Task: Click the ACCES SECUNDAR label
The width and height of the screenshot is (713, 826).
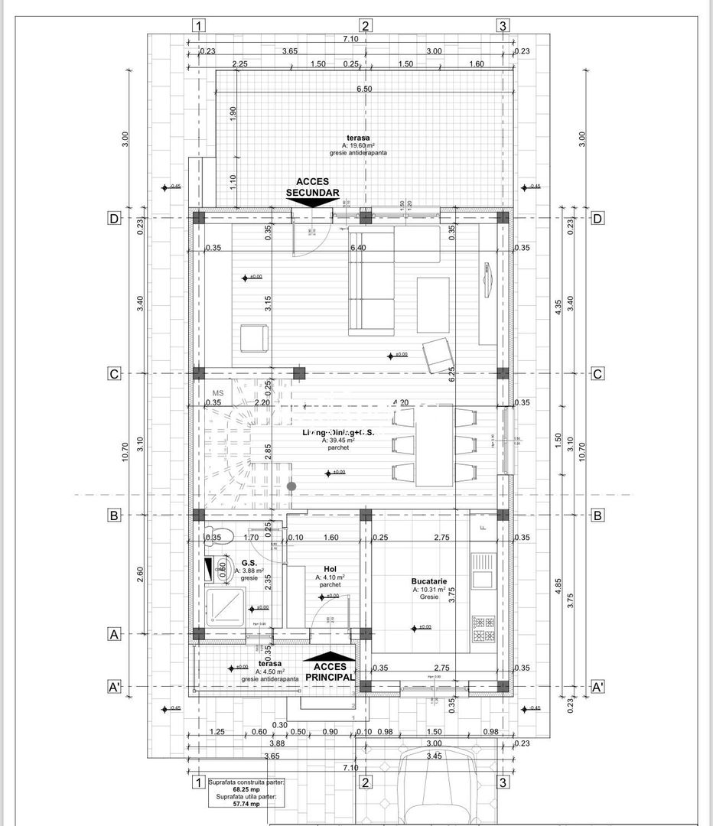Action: (x=312, y=187)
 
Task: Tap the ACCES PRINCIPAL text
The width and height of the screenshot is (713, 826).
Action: (x=329, y=671)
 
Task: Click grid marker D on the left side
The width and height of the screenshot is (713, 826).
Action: (x=113, y=219)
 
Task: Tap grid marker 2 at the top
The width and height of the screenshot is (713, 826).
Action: (x=366, y=26)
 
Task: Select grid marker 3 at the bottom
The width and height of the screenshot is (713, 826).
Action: (x=503, y=782)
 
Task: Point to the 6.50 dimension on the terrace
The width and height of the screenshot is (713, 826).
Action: (x=364, y=89)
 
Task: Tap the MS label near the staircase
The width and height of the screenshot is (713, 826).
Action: (x=218, y=393)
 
